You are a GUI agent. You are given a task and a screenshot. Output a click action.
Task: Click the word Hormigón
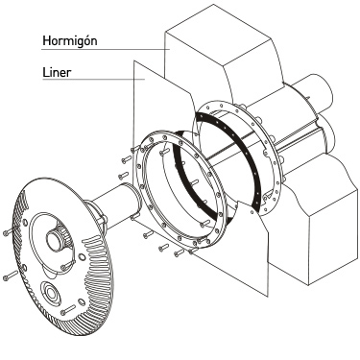70,41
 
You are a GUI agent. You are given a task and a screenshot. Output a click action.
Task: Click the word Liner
57,73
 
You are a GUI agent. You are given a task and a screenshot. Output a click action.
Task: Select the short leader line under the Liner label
93,79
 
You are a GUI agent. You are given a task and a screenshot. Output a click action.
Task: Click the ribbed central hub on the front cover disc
56,238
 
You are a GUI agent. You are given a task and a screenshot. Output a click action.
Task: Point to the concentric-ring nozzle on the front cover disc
51,291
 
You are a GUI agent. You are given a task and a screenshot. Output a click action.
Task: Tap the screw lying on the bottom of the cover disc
68,310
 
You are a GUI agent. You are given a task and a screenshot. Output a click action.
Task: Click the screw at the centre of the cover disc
68,265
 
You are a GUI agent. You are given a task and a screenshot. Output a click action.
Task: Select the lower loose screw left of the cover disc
11,276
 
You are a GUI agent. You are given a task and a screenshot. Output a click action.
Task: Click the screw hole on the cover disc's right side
82,257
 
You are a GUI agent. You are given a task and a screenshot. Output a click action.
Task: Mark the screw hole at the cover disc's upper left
24,222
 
